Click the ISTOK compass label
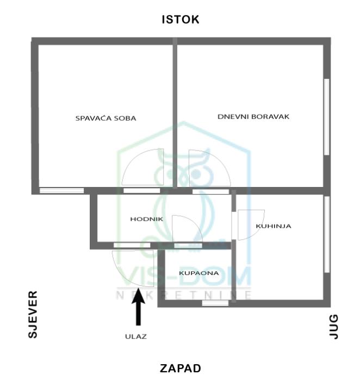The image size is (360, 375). click(x=181, y=20)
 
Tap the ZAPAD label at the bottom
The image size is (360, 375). click(x=180, y=368)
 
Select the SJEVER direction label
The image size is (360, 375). click(x=33, y=315)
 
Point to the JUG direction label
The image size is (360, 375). click(x=334, y=327)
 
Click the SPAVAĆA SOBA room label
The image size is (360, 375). click(x=105, y=117)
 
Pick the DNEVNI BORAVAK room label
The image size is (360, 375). click(x=253, y=116)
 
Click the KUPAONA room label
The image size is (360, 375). click(x=199, y=273)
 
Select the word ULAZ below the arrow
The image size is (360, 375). click(x=135, y=336)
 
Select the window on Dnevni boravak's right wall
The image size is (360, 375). click(x=326, y=117)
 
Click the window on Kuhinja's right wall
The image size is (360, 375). click(x=326, y=234)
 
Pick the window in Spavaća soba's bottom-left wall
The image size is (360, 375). click(x=62, y=191)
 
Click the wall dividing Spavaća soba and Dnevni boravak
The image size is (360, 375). click(x=175, y=114)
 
